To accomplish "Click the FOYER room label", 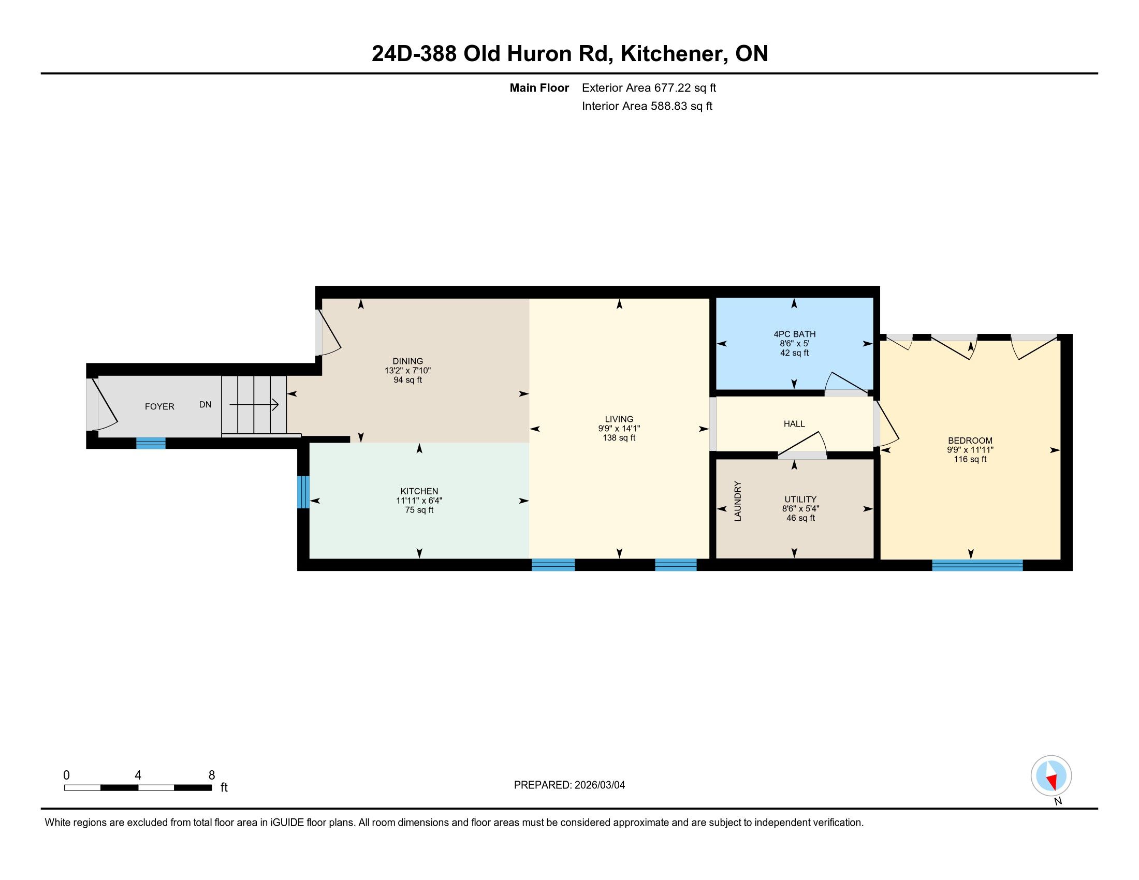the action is point(159,407).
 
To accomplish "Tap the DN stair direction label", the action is point(206,405).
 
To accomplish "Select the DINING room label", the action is point(408,361).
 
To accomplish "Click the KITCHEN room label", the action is point(419,491).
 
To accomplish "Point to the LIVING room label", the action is point(619,419).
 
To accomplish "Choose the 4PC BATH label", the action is point(794,334).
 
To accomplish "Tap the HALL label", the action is point(794,424).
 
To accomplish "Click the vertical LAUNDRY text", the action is point(737,501).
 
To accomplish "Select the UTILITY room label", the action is point(800,500).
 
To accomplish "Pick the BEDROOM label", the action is point(970,441).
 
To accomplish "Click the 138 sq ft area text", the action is point(619,438).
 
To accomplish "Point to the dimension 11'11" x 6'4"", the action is point(419,501).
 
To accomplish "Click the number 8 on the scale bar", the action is point(212,775).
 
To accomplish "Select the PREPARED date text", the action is point(569,785).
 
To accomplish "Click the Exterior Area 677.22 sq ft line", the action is point(649,88).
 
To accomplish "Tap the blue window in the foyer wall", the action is point(151,443).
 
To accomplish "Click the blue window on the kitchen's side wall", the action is point(303,492).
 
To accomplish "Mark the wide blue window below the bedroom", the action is point(977,565).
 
